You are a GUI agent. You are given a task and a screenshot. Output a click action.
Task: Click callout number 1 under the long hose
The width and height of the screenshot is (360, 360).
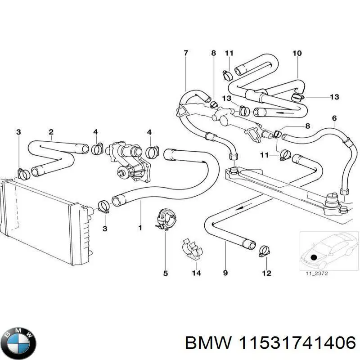point(140,228)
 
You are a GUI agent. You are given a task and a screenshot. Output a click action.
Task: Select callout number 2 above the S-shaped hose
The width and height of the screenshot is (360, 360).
point(51,132)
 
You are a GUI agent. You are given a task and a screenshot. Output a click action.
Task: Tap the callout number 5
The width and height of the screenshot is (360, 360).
point(165,273)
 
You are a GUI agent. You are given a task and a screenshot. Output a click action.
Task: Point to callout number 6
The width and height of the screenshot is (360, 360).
point(334,118)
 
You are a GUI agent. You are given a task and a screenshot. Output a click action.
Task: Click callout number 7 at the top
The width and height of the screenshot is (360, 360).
point(186,53)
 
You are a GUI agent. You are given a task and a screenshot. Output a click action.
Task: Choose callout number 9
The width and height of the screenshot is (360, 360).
point(225,273)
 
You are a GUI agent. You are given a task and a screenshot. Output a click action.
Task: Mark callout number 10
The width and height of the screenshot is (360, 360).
point(297,53)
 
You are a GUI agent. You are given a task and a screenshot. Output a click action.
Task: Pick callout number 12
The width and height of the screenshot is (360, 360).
point(266,273)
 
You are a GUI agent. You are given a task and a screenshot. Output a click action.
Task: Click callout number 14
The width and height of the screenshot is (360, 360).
point(196,273)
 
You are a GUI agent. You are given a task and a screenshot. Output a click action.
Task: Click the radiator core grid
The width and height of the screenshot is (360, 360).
point(40,220)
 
